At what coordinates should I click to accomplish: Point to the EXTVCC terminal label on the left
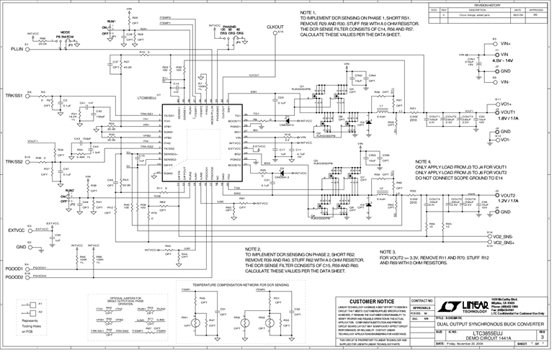tap(17, 230)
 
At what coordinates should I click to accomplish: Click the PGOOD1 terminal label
tap(15, 269)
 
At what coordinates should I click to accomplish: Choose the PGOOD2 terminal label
tap(15, 275)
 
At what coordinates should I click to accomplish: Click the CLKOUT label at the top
tap(274, 27)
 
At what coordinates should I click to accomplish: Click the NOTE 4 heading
tap(422, 161)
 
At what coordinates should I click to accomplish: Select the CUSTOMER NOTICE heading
tap(370, 300)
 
